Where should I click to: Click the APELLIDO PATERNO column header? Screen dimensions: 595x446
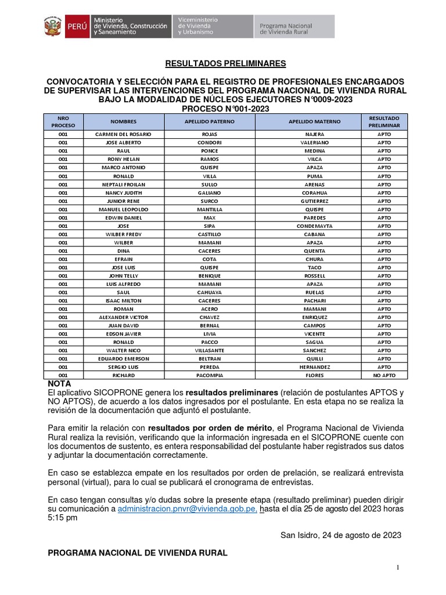[x=210, y=121]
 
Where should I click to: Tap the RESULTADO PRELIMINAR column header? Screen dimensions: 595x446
[x=384, y=121]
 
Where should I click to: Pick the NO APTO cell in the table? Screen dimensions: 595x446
[x=384, y=376]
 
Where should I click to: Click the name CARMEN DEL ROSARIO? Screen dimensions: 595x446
[x=123, y=134]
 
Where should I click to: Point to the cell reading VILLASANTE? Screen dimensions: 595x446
[x=210, y=351]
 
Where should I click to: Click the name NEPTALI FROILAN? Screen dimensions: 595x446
[x=123, y=184]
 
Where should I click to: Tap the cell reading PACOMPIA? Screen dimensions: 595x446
[x=210, y=376]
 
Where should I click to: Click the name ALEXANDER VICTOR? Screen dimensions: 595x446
[x=123, y=317]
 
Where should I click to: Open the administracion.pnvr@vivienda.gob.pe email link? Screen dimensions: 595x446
[x=188, y=508]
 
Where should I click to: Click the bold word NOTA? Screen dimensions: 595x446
[x=59, y=385]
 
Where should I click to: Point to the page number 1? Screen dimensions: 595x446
[x=398, y=567]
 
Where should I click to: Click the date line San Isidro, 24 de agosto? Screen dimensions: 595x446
[x=340, y=535]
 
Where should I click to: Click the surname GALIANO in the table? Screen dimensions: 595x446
[x=210, y=193]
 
